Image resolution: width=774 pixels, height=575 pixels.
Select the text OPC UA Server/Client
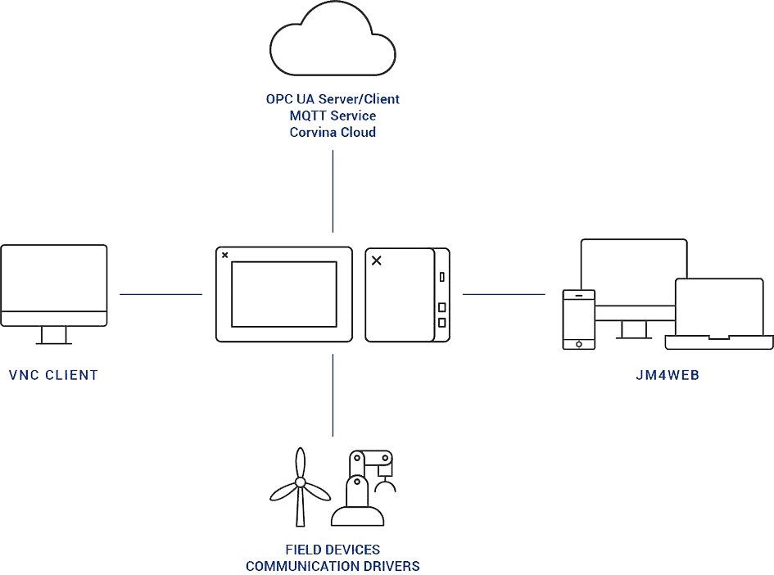pyautogui.click(x=333, y=99)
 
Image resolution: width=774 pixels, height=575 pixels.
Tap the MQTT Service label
pyautogui.click(x=333, y=115)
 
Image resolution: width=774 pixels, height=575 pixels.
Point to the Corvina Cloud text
pyautogui.click(x=333, y=132)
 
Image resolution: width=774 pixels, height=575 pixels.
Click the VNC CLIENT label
pyautogui.click(x=52, y=375)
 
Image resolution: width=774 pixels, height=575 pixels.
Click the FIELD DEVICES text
pyautogui.click(x=333, y=550)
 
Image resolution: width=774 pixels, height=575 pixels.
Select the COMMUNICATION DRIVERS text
pyautogui.click(x=333, y=566)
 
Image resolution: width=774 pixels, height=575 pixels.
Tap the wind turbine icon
pyautogui.click(x=300, y=487)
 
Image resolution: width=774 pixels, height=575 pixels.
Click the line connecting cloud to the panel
pyautogui.click(x=333, y=192)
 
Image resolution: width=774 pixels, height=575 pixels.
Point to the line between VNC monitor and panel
pyautogui.click(x=161, y=293)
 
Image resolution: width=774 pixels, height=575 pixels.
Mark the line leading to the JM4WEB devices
pyautogui.click(x=504, y=293)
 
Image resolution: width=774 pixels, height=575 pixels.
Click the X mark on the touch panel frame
pyautogui.click(x=225, y=254)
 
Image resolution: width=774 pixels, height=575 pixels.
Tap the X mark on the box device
pyautogui.click(x=377, y=260)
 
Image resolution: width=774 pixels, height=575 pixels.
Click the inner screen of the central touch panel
pyautogui.click(x=284, y=293)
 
